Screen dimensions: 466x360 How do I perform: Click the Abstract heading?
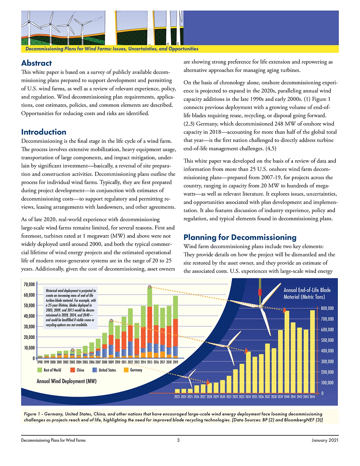coord(37,63)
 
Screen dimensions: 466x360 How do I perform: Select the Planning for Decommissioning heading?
coord(240,237)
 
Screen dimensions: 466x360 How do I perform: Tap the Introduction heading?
coord(44,132)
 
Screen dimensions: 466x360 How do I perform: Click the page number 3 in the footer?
coord(178,440)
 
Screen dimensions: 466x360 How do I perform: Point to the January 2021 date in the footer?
coord(325,440)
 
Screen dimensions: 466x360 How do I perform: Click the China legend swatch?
coord(73,370)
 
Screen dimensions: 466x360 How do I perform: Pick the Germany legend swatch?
coord(126,370)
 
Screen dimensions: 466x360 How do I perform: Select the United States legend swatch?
coord(95,370)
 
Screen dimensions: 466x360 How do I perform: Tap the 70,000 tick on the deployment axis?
coord(29,284)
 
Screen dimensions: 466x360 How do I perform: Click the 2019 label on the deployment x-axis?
coord(175,362)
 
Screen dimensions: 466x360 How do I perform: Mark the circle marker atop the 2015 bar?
coord(150,287)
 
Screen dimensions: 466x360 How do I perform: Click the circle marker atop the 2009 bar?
coord(111,321)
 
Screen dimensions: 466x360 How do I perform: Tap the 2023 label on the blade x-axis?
coord(177,397)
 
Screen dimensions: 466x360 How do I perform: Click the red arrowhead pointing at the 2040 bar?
coord(284,310)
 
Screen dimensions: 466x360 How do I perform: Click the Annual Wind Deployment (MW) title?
coord(66,381)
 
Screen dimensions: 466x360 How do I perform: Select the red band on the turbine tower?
coord(260,292)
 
